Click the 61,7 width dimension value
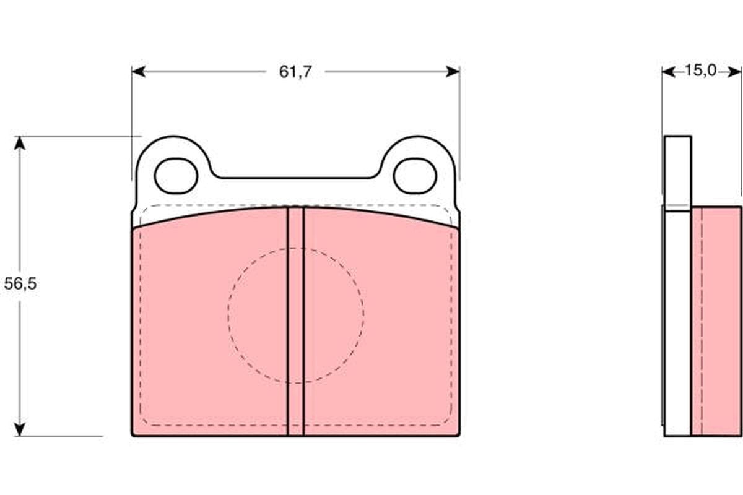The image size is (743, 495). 295,72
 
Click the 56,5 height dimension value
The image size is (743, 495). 20,284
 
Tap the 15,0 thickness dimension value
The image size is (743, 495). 700,71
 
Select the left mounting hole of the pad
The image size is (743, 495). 176,176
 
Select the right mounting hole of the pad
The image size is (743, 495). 415,176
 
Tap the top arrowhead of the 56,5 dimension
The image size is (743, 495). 20,143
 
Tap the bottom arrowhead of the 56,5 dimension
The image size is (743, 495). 20,429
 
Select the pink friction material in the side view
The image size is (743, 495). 716,322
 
